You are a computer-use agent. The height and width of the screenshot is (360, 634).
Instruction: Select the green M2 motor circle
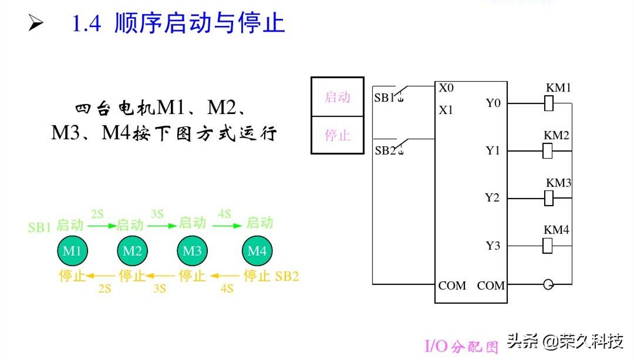pos(132,251)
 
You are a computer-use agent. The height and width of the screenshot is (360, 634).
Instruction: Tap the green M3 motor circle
pos(192,251)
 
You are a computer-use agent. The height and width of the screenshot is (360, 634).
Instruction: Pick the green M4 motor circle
pos(257,251)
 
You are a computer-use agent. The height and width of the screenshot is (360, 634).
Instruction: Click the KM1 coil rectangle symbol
pos(549,104)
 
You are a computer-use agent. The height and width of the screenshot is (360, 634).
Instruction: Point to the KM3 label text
pos(558,183)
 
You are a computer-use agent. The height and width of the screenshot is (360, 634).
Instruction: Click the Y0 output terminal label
pos(493,103)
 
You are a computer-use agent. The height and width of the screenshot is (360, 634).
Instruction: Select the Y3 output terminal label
pos(493,245)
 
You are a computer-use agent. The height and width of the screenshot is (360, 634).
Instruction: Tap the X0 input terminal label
pos(446,88)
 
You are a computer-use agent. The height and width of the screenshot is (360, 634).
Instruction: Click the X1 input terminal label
pos(446,110)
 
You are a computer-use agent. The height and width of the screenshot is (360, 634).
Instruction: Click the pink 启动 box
pos(338,97)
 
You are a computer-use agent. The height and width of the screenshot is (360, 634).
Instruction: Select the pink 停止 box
pos(338,135)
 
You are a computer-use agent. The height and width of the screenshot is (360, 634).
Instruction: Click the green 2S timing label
pos(97,213)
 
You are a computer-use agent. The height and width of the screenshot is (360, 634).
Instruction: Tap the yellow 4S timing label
pos(227,288)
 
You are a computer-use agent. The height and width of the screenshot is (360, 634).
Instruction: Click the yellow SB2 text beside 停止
pos(287,276)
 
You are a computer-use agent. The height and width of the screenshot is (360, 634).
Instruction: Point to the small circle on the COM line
pos(548,285)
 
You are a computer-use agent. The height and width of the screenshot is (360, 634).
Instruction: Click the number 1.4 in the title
pos(86,24)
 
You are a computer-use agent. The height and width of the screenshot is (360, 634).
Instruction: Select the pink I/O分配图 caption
pos(461,346)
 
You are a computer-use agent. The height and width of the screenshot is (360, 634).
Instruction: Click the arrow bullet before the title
pos(36,24)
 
